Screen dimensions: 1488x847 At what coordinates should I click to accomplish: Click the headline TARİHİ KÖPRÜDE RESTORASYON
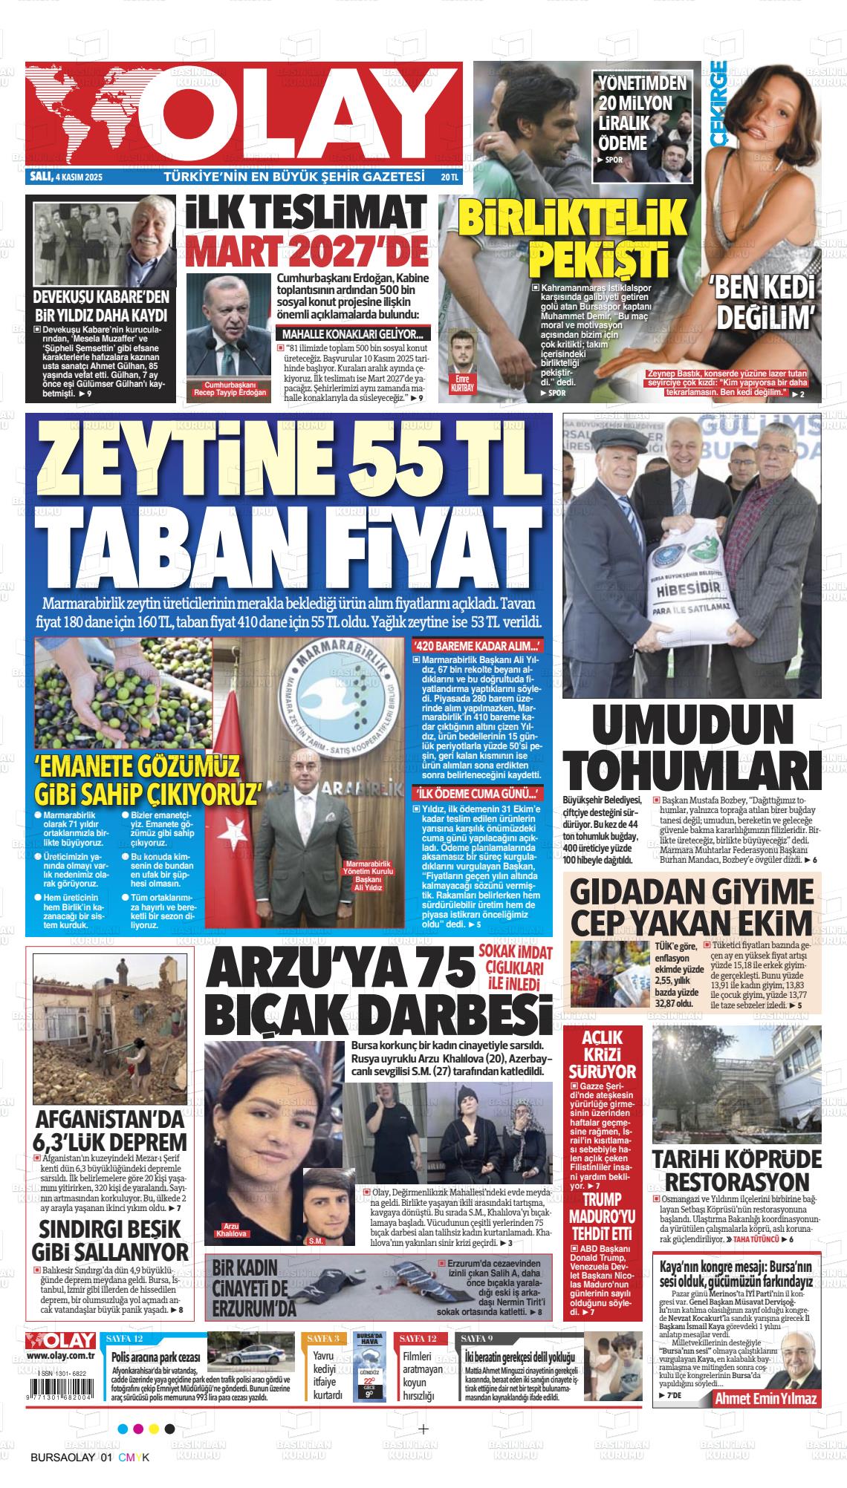[x=736, y=1172]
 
